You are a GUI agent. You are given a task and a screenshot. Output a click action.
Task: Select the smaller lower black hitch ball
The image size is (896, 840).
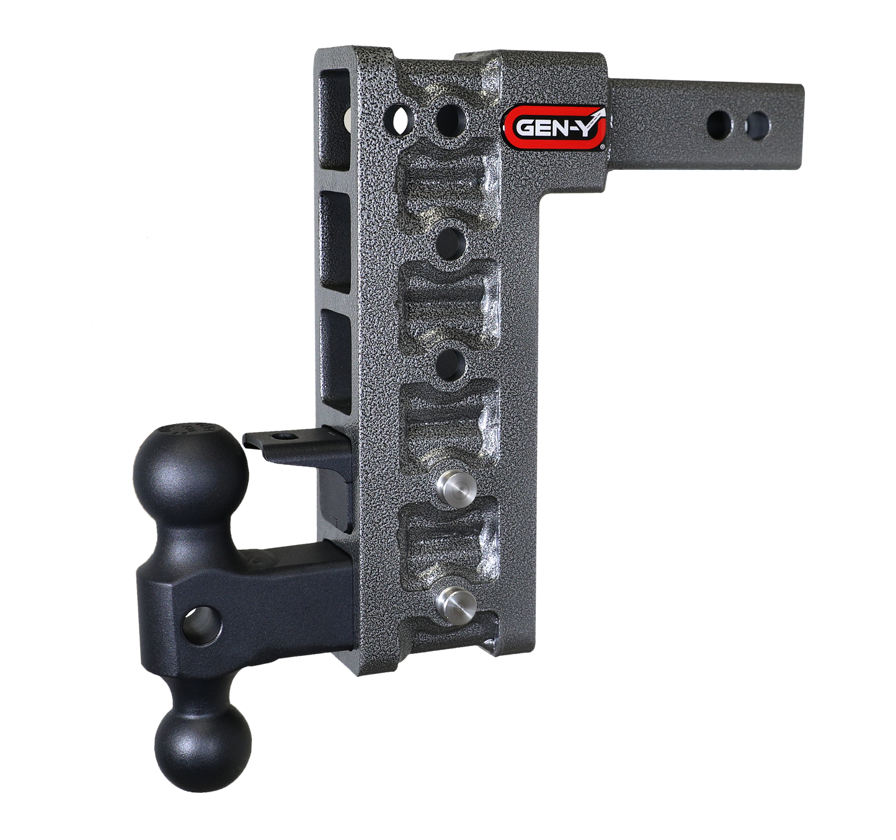tap(203, 748)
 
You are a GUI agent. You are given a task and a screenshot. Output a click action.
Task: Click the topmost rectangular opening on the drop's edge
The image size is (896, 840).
tap(335, 121)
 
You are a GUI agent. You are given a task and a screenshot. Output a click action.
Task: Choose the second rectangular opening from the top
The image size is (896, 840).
tap(336, 241)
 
